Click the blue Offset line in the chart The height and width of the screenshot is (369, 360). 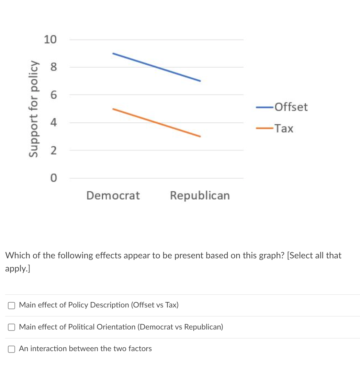pyautogui.click(x=156, y=67)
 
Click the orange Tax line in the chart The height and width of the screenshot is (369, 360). pyautogui.click(x=156, y=122)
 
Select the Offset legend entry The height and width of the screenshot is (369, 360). pyautogui.click(x=291, y=107)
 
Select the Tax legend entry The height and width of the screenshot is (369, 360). pyautogui.click(x=284, y=128)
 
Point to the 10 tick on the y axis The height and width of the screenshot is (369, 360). pyautogui.click(x=50, y=40)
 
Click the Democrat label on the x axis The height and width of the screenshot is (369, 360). pyautogui.click(x=113, y=195)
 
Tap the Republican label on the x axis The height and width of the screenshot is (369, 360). pyautogui.click(x=200, y=195)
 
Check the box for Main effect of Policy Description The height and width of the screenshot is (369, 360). pyautogui.click(x=12, y=305)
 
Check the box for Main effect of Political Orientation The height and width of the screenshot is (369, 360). pyautogui.click(x=12, y=327)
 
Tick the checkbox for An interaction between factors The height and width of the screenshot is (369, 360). pyautogui.click(x=12, y=349)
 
